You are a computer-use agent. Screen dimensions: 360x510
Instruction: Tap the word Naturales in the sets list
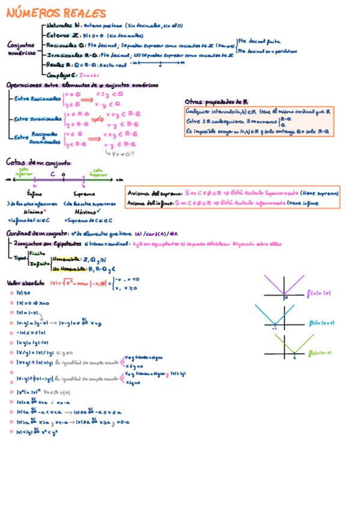tap(58, 26)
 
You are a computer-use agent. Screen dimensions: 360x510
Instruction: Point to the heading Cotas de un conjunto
tap(38, 163)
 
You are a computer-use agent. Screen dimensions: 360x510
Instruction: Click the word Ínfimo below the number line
tap(34, 194)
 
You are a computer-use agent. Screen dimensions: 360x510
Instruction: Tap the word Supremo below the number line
tap(84, 194)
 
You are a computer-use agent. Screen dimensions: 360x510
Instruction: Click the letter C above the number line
tap(53, 174)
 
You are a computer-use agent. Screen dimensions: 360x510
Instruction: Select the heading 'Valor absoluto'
tap(25, 282)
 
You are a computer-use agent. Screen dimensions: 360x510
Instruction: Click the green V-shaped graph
tap(294, 346)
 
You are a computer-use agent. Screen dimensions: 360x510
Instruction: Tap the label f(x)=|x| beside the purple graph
tap(319, 293)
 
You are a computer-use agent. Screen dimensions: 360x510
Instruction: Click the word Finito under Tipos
tap(37, 254)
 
